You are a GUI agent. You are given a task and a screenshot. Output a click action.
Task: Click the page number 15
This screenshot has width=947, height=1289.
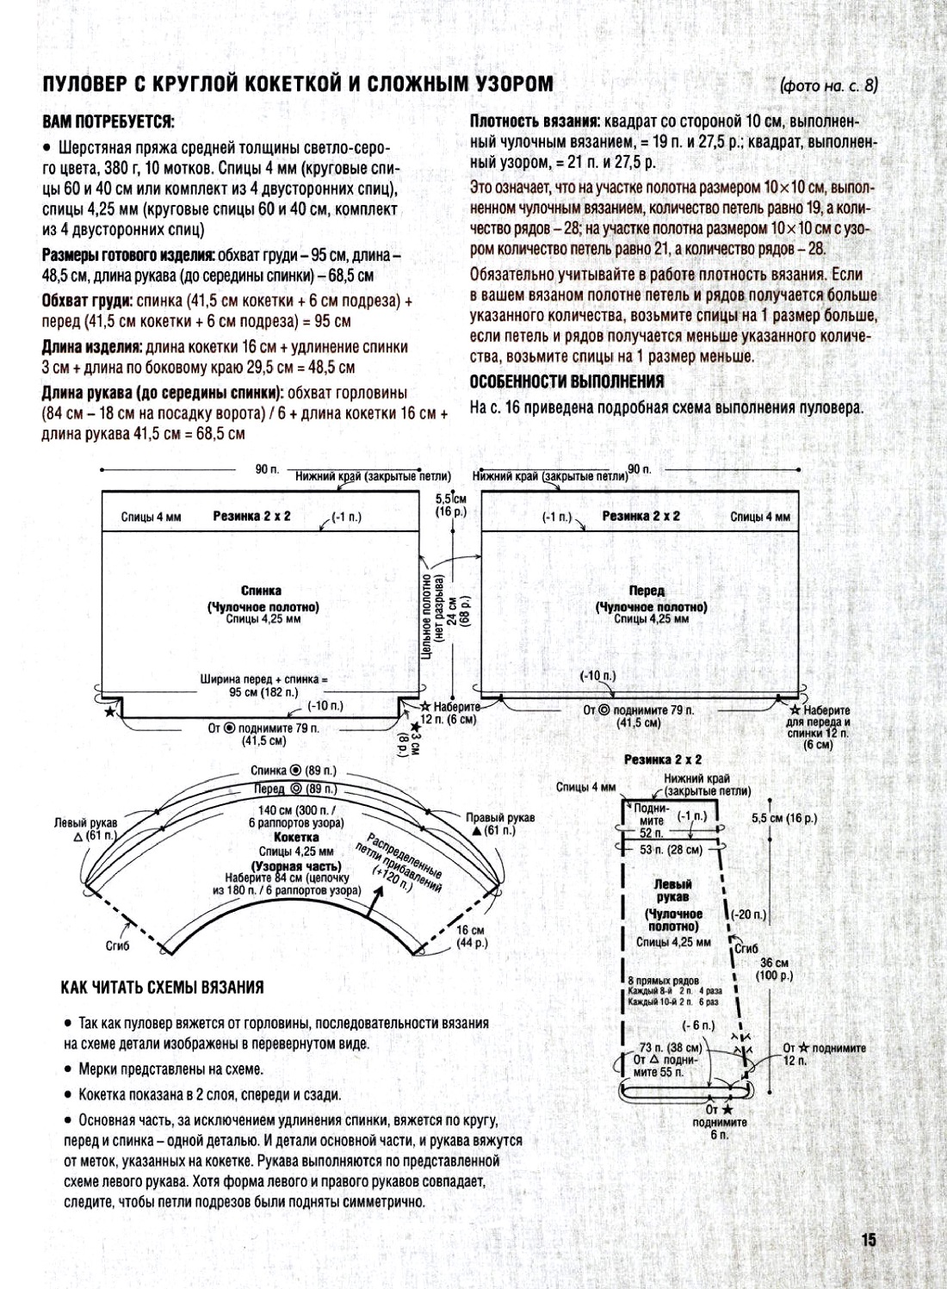(x=868, y=1240)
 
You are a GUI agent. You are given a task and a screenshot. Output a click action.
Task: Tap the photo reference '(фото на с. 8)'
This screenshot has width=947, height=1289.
(x=828, y=85)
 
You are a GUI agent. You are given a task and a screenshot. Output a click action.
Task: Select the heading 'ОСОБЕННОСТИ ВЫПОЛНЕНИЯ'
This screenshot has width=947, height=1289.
(x=566, y=381)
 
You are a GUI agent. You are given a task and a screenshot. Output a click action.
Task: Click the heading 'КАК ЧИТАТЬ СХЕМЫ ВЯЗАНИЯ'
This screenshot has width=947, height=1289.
(x=162, y=988)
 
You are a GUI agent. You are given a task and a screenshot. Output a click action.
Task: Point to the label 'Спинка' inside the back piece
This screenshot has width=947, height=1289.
(x=261, y=591)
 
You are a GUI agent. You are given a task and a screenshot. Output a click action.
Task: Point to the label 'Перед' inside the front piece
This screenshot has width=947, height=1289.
(x=647, y=591)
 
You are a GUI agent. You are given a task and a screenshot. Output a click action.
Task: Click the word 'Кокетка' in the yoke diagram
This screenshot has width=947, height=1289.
(x=296, y=837)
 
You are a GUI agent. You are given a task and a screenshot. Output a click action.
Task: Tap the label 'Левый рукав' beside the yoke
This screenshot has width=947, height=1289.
(x=85, y=823)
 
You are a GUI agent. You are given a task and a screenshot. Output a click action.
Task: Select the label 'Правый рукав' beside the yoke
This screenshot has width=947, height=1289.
(x=499, y=817)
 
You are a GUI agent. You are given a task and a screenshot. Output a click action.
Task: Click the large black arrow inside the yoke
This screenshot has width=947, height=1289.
(x=376, y=901)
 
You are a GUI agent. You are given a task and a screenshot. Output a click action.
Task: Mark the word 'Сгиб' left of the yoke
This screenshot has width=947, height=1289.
(x=117, y=945)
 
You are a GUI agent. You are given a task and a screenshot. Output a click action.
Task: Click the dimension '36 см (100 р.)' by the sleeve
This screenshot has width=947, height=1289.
(x=774, y=970)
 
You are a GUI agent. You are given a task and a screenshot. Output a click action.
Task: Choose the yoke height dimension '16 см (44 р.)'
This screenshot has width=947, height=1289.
(x=471, y=937)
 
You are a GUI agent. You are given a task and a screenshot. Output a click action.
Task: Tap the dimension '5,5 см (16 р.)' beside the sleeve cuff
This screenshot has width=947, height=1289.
(x=783, y=818)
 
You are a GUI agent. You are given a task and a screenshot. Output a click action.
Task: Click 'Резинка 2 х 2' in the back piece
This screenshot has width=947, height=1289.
(x=251, y=516)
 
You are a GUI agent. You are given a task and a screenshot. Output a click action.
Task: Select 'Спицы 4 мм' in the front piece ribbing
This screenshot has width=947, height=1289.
(x=759, y=517)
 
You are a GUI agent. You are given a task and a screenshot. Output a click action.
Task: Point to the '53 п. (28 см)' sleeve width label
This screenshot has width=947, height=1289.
(x=672, y=850)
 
